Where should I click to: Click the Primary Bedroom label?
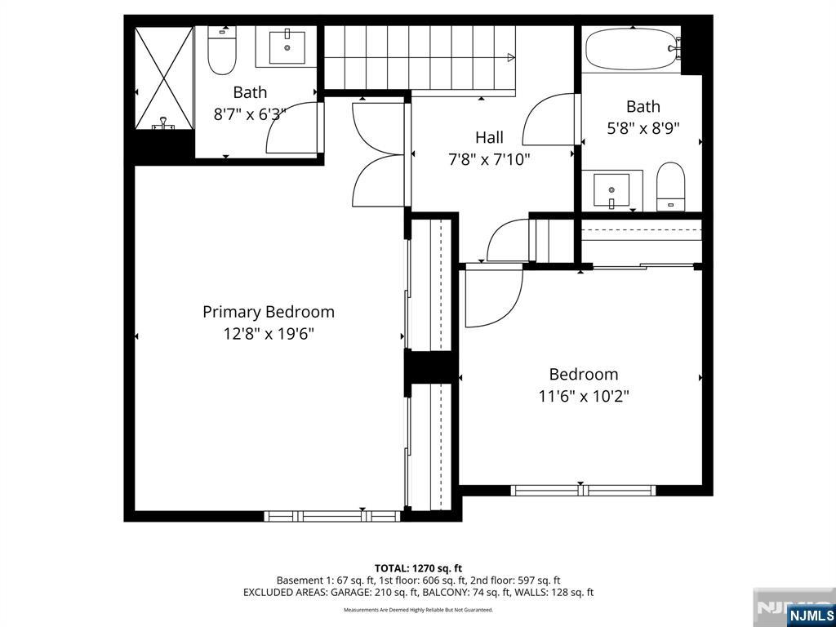268,312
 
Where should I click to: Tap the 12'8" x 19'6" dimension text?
268,334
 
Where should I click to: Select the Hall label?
489,137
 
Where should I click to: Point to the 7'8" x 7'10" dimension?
489,159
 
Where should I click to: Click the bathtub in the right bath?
631,50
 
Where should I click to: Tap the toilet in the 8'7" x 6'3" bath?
221,51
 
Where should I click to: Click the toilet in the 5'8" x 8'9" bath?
671,187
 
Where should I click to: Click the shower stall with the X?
163,78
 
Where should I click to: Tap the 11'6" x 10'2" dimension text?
583,396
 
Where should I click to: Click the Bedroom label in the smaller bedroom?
583,374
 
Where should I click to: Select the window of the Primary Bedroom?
331,516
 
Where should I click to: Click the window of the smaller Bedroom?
583,490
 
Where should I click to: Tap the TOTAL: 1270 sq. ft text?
418,568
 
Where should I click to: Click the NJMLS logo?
811,615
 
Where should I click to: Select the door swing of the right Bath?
551,122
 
